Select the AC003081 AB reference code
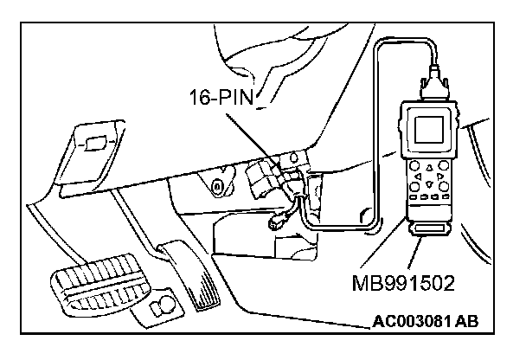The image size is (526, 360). pos(425,323)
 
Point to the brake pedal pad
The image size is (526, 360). pos(94,285)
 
